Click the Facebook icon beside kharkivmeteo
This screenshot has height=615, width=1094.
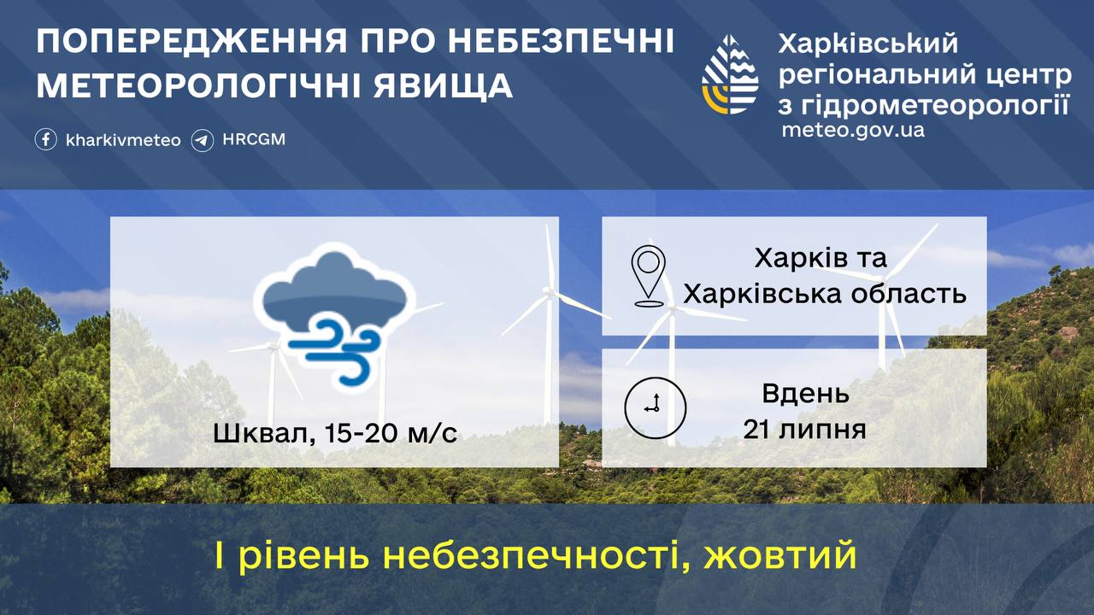coord(46,139)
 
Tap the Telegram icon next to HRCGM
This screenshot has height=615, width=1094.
coord(203,141)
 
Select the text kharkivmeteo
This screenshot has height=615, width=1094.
coord(123,141)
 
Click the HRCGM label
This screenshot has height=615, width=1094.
coord(254,139)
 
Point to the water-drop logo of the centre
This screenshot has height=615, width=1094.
coord(730,74)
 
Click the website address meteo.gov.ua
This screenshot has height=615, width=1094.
coord(853,131)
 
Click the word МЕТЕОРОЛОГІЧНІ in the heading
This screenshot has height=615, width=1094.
coord(199,85)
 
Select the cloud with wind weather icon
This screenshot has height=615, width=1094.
coord(334,317)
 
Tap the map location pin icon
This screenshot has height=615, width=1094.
coord(649,276)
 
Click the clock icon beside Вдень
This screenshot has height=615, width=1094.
coord(656,407)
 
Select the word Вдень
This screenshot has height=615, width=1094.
coord(805,394)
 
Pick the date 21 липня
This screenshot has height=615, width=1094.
coord(805,430)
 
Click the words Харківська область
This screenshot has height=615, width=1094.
coord(825,294)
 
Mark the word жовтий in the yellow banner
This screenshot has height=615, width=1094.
coord(780,555)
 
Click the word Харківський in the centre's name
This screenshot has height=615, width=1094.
coord(868,43)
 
